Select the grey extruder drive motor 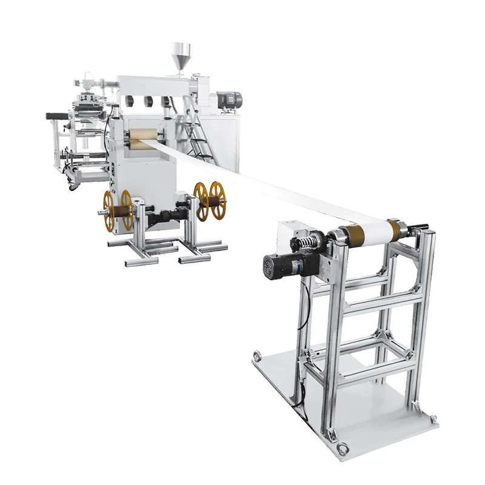(229, 98)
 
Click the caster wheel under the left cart (73, 186)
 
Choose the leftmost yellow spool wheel (109, 211)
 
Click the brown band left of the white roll (349, 232)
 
